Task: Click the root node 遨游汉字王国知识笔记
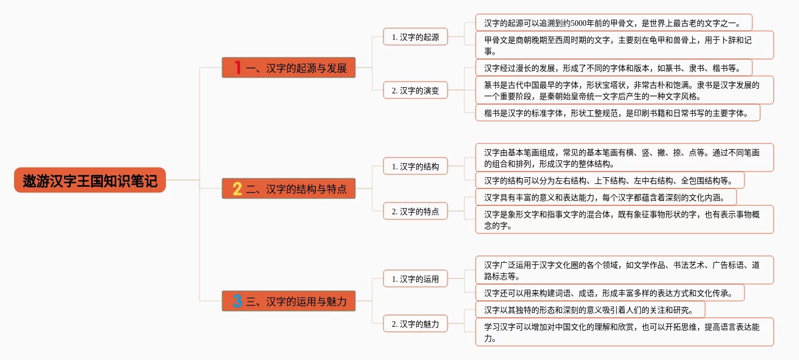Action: coord(90,180)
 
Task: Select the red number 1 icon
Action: coord(237,68)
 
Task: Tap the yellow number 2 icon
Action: coord(237,189)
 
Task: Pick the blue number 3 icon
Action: coord(237,301)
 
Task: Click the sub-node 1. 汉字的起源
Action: coord(416,37)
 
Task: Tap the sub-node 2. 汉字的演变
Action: coord(416,90)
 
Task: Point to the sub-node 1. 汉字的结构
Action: coord(416,166)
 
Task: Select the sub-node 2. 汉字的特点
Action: coord(416,211)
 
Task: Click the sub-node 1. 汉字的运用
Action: coord(416,279)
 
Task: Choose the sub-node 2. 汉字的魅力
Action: coord(416,324)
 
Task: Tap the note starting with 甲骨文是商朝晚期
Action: coord(624,45)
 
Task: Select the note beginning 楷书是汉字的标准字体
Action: coord(617,112)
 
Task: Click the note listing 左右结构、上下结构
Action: coord(610,180)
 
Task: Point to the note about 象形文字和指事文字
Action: coord(624,219)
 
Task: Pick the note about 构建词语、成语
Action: coord(610,292)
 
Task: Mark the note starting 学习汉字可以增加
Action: coord(624,332)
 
